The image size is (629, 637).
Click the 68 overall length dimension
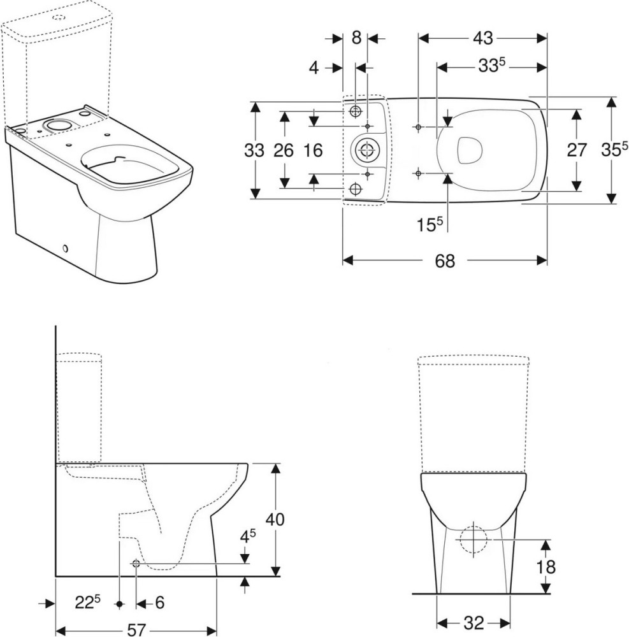point(445,261)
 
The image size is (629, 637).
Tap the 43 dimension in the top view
point(483,38)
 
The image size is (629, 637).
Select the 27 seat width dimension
point(577,150)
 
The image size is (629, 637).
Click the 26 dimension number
point(284,151)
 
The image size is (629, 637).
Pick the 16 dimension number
point(313,151)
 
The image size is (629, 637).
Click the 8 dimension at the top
point(356,38)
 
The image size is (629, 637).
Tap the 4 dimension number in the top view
point(314,68)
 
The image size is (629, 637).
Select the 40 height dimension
point(275,519)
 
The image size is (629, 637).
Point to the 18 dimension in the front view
point(546,566)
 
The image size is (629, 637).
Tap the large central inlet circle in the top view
point(366,150)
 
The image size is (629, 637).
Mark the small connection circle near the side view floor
point(136,563)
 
